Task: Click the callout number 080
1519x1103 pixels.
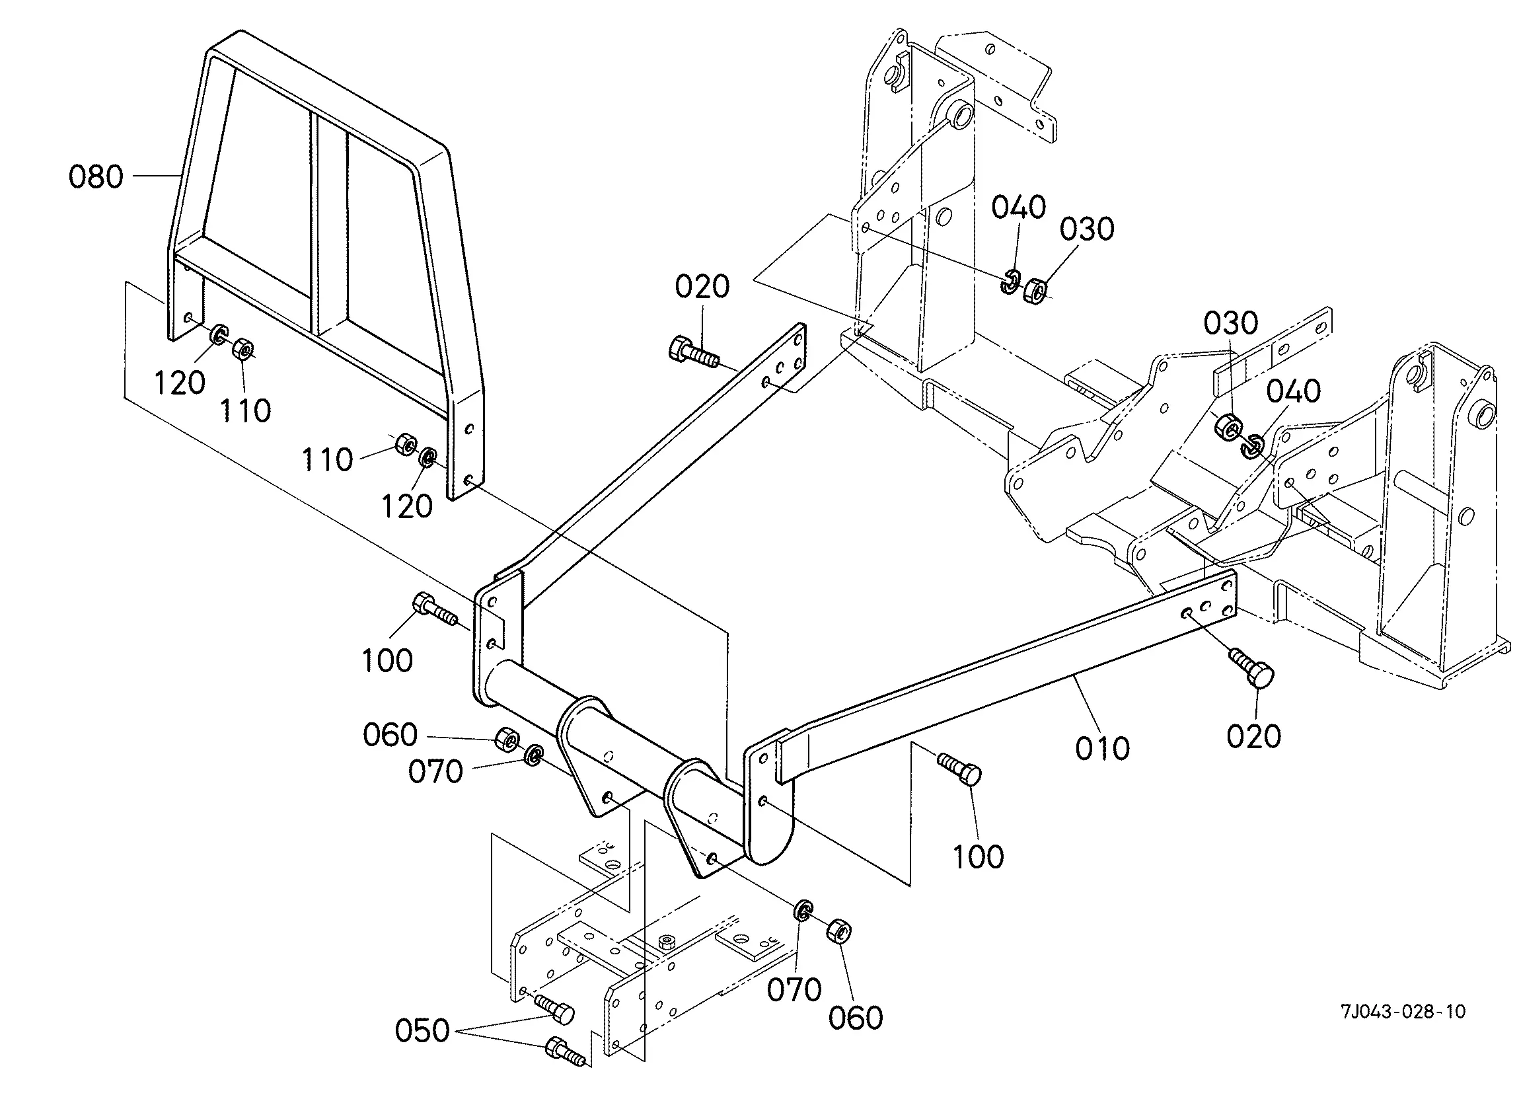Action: tap(96, 177)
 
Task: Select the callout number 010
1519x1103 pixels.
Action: tap(1102, 748)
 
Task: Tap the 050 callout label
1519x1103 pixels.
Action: tap(422, 1030)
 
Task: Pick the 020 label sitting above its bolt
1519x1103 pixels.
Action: tap(702, 287)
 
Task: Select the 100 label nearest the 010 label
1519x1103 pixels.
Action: tap(979, 856)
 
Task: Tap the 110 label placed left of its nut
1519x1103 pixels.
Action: tap(327, 461)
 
